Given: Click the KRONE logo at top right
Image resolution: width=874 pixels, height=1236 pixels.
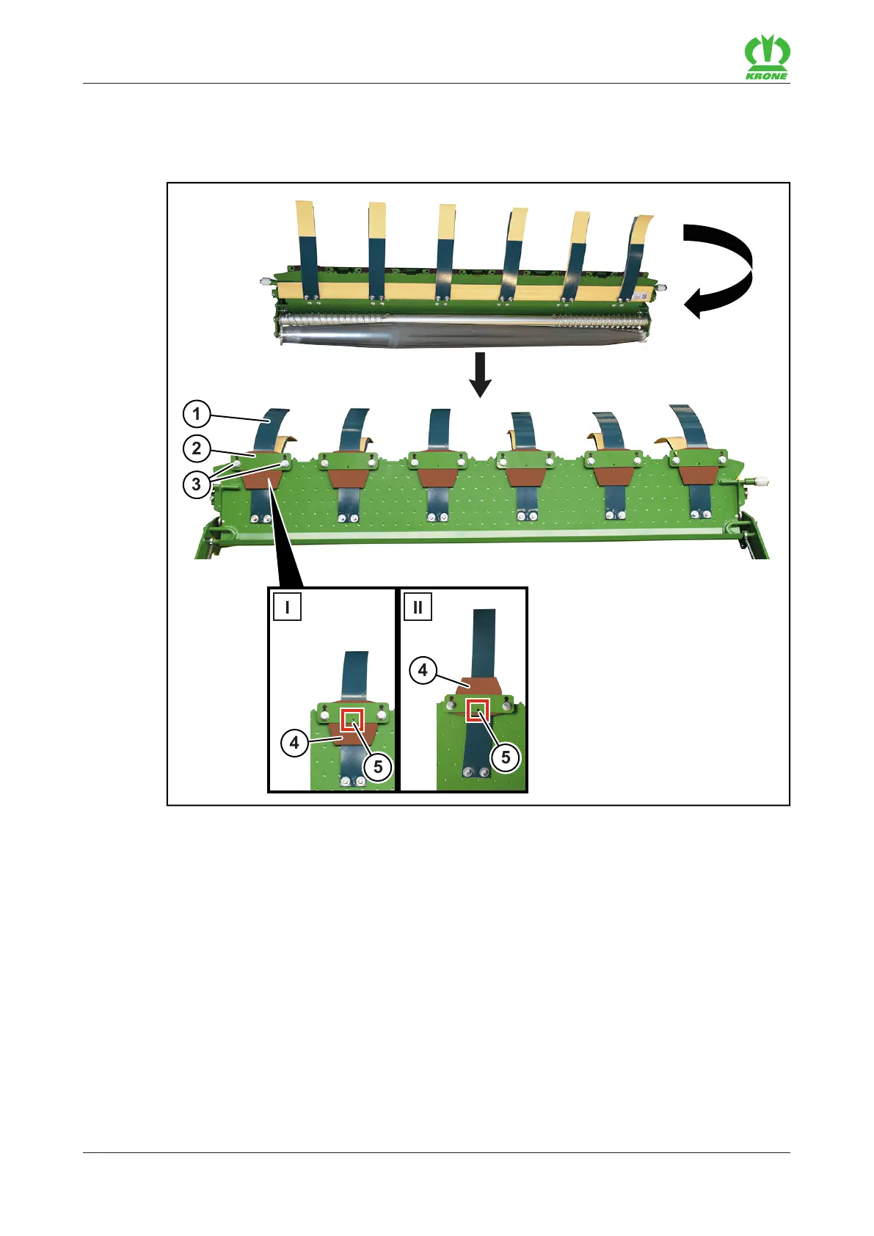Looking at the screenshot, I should pyautogui.click(x=767, y=58).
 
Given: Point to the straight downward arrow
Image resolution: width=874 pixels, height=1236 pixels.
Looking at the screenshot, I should pyautogui.click(x=480, y=374).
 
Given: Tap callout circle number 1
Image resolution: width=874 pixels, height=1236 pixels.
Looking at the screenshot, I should pyautogui.click(x=196, y=414).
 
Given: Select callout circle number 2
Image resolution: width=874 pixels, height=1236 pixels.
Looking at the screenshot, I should pyautogui.click(x=196, y=448).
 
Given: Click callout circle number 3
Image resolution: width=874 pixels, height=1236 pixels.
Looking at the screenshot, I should pyautogui.click(x=196, y=484).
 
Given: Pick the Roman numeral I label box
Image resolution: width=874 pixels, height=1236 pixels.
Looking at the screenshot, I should pyautogui.click(x=287, y=607).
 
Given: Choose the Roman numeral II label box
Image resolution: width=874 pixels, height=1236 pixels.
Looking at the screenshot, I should pyautogui.click(x=418, y=607).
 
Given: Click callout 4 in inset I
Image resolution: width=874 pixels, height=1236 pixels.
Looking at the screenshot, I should pyautogui.click(x=294, y=743).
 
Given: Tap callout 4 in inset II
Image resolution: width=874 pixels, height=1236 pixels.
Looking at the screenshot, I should pyautogui.click(x=423, y=670).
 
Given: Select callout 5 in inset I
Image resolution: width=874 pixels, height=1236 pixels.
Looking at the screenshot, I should pyautogui.click(x=378, y=767).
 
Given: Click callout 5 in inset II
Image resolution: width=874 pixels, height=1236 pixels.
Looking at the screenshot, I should pyautogui.click(x=506, y=757).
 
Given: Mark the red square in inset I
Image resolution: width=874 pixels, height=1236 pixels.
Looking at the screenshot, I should pyautogui.click(x=353, y=720).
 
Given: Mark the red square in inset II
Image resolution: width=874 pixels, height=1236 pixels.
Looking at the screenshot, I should pyautogui.click(x=478, y=710).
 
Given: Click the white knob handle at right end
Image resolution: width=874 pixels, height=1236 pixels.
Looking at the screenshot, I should pyautogui.click(x=761, y=482).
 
